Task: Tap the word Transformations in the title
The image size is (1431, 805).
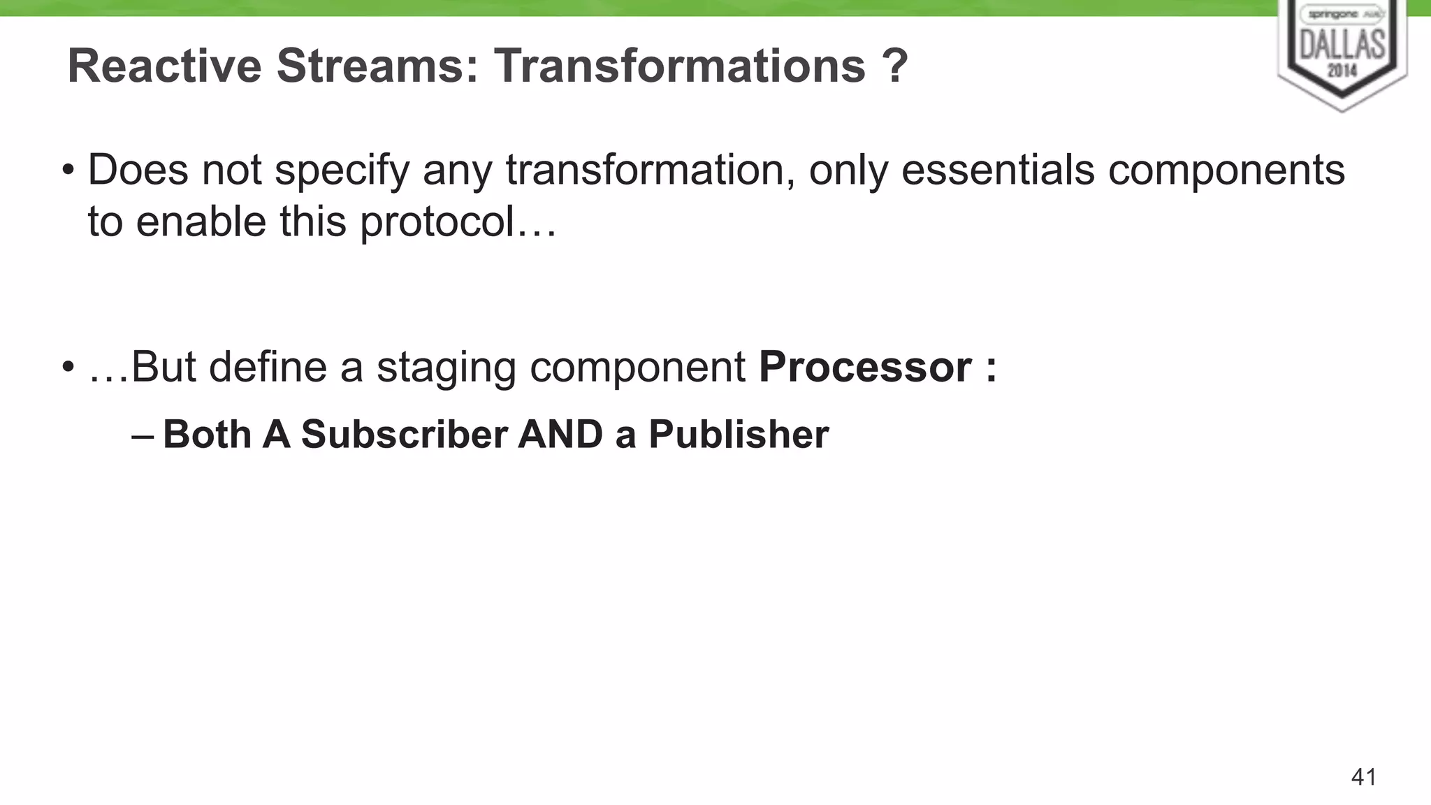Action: click(680, 66)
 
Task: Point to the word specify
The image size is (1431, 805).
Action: click(342, 171)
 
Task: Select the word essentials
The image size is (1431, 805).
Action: click(997, 170)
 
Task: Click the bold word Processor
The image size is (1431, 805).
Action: click(865, 367)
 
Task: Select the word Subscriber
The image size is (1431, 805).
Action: click(404, 434)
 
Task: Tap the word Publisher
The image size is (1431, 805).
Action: click(739, 434)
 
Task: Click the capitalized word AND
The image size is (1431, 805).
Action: click(560, 434)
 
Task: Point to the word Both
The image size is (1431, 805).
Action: click(207, 434)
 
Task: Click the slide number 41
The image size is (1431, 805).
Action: click(1364, 777)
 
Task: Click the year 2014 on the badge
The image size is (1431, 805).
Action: click(1342, 71)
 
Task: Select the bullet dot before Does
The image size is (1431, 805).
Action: click(68, 171)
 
